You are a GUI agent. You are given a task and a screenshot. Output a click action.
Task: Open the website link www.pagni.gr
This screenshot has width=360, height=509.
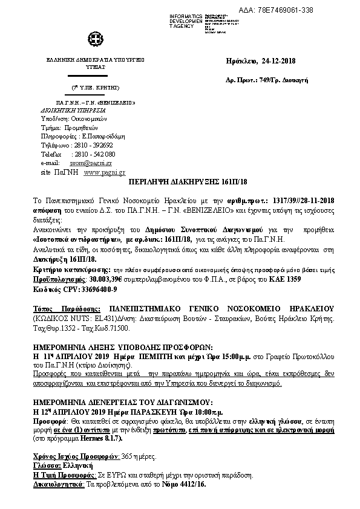[x=101, y=172]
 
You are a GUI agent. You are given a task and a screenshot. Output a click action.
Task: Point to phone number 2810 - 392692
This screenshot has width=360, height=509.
[x=91, y=146]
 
